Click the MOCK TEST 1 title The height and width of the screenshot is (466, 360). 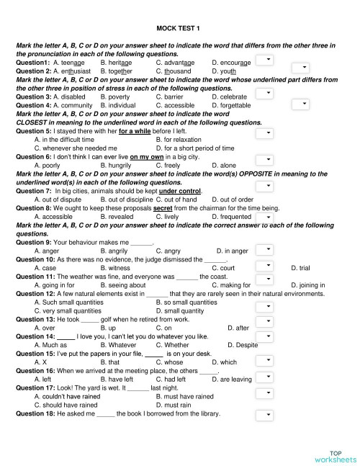179,28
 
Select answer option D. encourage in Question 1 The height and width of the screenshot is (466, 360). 231,63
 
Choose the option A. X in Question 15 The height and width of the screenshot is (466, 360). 40,362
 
